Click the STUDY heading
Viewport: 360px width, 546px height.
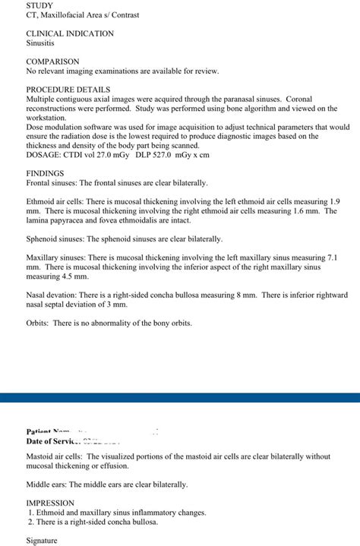click(39, 5)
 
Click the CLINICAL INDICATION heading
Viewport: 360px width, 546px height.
click(70, 33)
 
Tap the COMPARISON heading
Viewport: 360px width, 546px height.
click(52, 62)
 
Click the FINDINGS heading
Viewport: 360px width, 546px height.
click(45, 173)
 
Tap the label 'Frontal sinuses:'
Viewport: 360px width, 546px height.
click(52, 183)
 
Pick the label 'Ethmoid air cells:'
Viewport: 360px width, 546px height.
click(55, 202)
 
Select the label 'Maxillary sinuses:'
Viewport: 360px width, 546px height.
click(56, 258)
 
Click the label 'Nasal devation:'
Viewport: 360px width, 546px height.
click(53, 295)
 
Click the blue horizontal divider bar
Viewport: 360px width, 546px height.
click(180, 397)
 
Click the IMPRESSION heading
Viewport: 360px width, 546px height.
click(50, 503)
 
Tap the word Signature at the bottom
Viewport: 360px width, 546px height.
click(42, 541)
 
